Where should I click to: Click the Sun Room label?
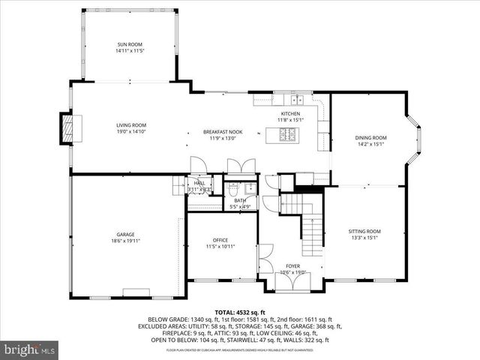tap(129, 45)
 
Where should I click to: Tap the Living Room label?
tap(130, 125)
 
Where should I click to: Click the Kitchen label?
tap(290, 113)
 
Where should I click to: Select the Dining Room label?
tap(370, 138)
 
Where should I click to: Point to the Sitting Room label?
tap(365, 232)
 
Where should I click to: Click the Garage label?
tap(125, 235)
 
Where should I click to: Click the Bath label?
tap(240, 200)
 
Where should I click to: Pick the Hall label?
tap(199, 183)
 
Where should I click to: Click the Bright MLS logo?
tap(30, 349)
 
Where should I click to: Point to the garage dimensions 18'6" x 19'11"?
tap(125, 241)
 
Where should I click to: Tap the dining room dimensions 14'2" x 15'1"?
tap(370, 144)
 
